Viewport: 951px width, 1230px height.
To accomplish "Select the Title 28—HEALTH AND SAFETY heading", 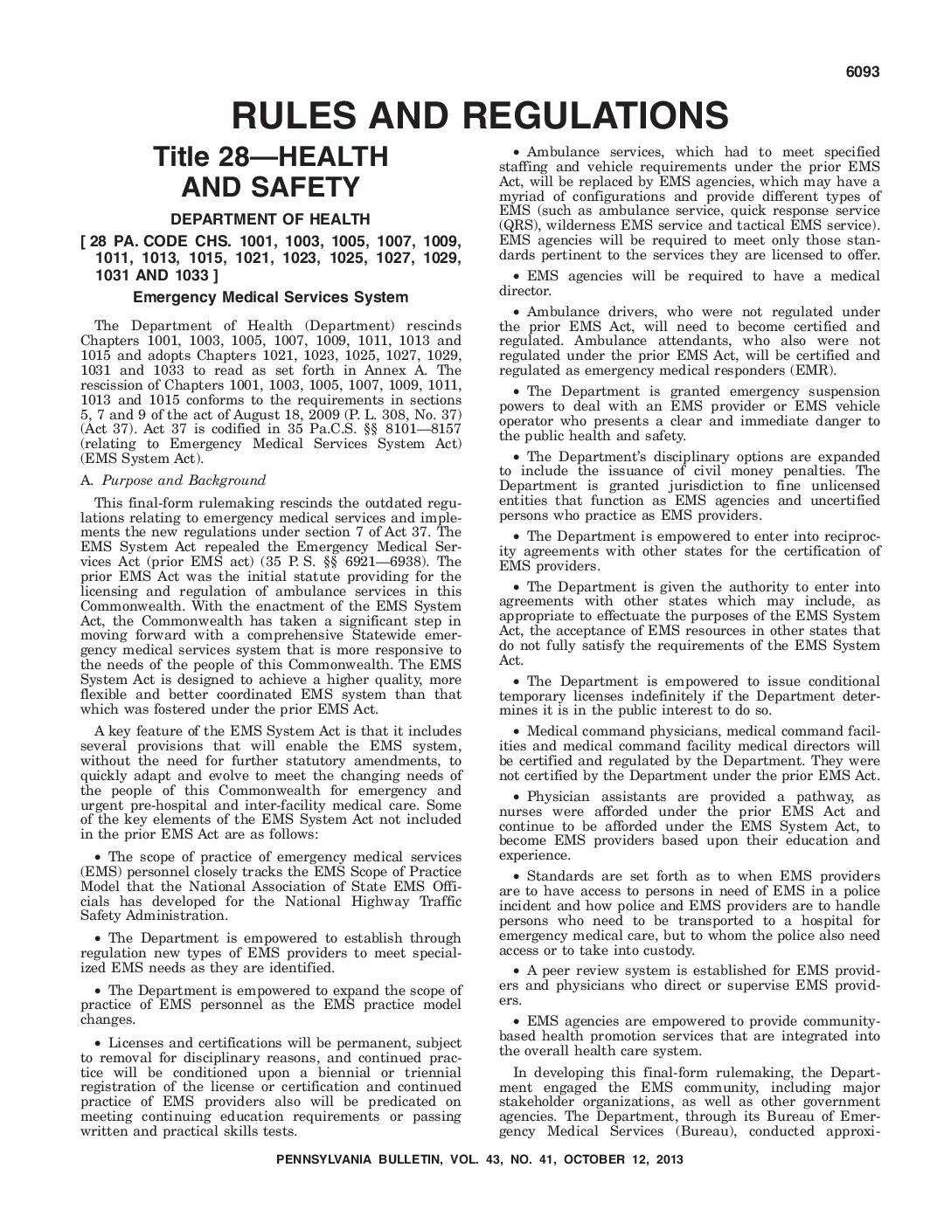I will [270, 172].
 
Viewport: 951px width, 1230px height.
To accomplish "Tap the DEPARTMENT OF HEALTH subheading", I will [270, 219].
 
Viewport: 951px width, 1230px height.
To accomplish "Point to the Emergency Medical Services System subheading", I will [270, 297].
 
